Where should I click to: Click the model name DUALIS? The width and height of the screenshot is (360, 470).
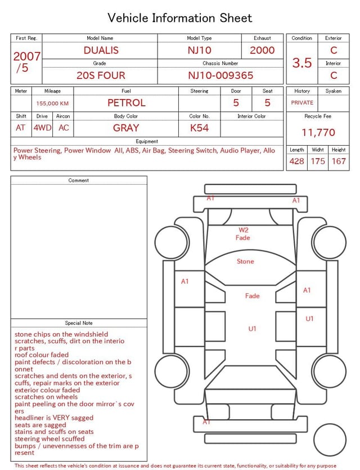101,50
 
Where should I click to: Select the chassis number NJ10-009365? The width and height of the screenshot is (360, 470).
220,75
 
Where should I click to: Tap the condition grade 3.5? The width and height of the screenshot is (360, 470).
302,63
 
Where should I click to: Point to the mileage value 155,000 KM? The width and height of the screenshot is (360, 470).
52,104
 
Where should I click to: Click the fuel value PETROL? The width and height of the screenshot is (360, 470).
126,103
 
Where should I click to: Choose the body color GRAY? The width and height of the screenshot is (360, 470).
126,128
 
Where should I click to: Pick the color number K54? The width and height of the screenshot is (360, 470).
199,128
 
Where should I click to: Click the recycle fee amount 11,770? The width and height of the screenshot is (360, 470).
318,132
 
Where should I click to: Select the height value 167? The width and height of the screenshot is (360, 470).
339,161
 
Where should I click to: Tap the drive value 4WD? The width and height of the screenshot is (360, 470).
42,128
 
